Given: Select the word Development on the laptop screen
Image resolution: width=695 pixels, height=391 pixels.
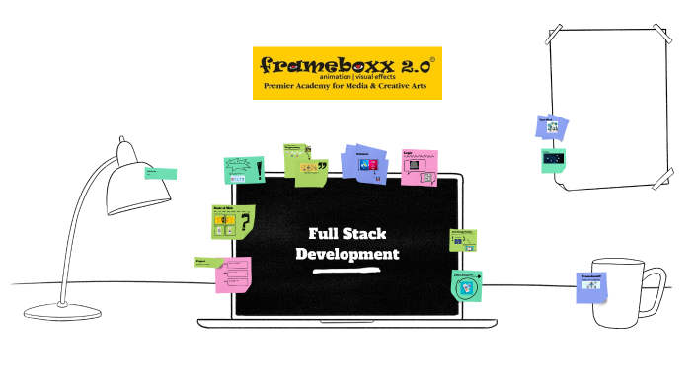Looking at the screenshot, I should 347,254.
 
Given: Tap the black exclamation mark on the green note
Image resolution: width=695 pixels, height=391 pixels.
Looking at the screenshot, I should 259,170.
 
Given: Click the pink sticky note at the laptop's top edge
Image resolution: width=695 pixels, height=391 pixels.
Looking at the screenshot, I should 420,167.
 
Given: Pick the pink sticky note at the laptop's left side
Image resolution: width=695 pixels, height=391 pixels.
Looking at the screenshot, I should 234,274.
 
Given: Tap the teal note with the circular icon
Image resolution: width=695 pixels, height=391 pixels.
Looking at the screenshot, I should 467,285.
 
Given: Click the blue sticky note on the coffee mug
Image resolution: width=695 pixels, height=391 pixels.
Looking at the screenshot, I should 591,286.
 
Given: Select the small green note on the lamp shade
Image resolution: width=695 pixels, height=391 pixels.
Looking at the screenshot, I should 160,172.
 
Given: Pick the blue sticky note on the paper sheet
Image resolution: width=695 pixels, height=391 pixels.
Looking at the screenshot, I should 553,126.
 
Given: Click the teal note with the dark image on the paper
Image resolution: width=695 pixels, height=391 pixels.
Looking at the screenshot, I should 554,160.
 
